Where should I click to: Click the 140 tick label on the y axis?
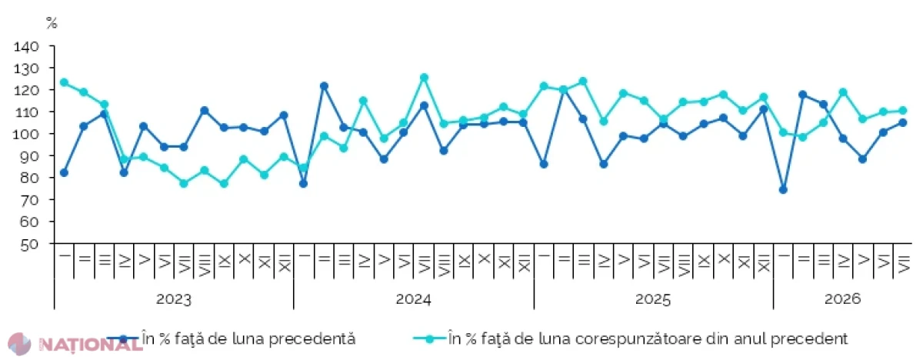click(26, 47)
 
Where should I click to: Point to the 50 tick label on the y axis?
click(30, 245)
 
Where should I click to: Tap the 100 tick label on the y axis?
click(26, 134)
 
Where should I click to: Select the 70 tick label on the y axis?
click(30, 200)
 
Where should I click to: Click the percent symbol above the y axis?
click(52, 23)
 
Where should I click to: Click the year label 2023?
click(174, 299)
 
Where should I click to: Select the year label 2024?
click(413, 299)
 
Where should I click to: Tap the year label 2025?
click(653, 299)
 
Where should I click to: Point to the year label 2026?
click(842, 299)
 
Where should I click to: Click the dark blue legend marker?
click(123, 339)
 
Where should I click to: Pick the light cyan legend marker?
click(430, 339)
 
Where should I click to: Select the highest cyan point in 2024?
click(424, 78)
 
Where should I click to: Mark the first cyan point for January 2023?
click(65, 82)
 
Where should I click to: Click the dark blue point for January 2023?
click(65, 172)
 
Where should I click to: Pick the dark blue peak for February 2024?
click(324, 86)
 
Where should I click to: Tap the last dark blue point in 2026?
click(902, 123)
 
